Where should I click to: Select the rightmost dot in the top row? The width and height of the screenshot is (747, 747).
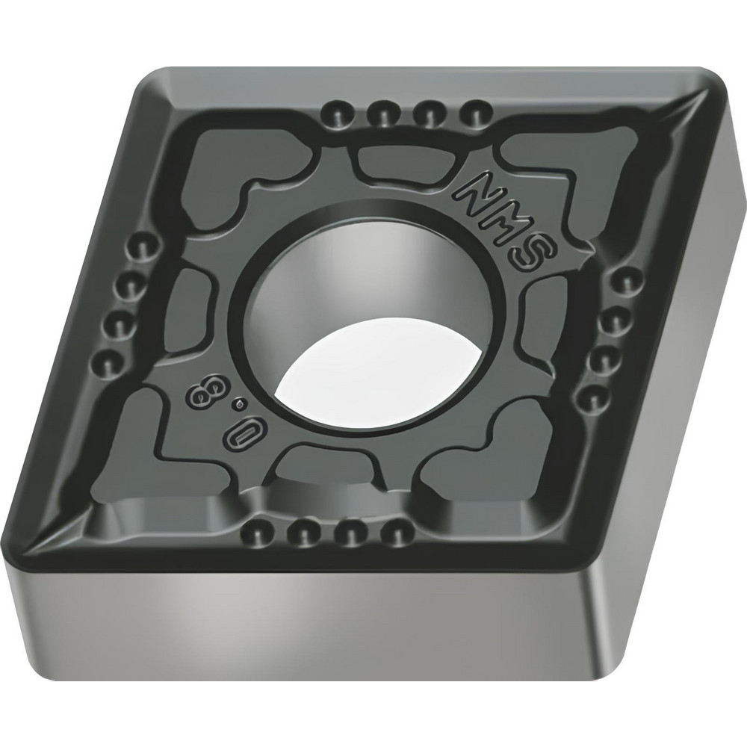473,114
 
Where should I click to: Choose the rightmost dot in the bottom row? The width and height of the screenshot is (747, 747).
388,532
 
